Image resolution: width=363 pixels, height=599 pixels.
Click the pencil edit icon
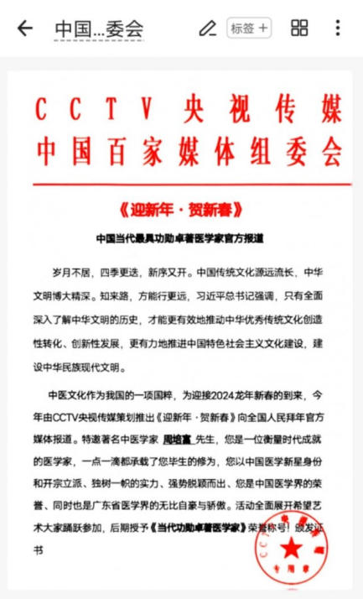(206, 28)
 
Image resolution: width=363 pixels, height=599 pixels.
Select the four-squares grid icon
(299, 28)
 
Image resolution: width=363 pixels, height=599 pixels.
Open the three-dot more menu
(338, 28)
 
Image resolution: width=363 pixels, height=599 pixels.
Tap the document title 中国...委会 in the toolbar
(99, 29)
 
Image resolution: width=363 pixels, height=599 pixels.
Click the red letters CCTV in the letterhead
(92, 109)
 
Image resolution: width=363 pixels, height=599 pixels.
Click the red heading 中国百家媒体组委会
(187, 152)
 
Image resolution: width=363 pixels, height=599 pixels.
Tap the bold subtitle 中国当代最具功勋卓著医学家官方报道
(180, 237)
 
